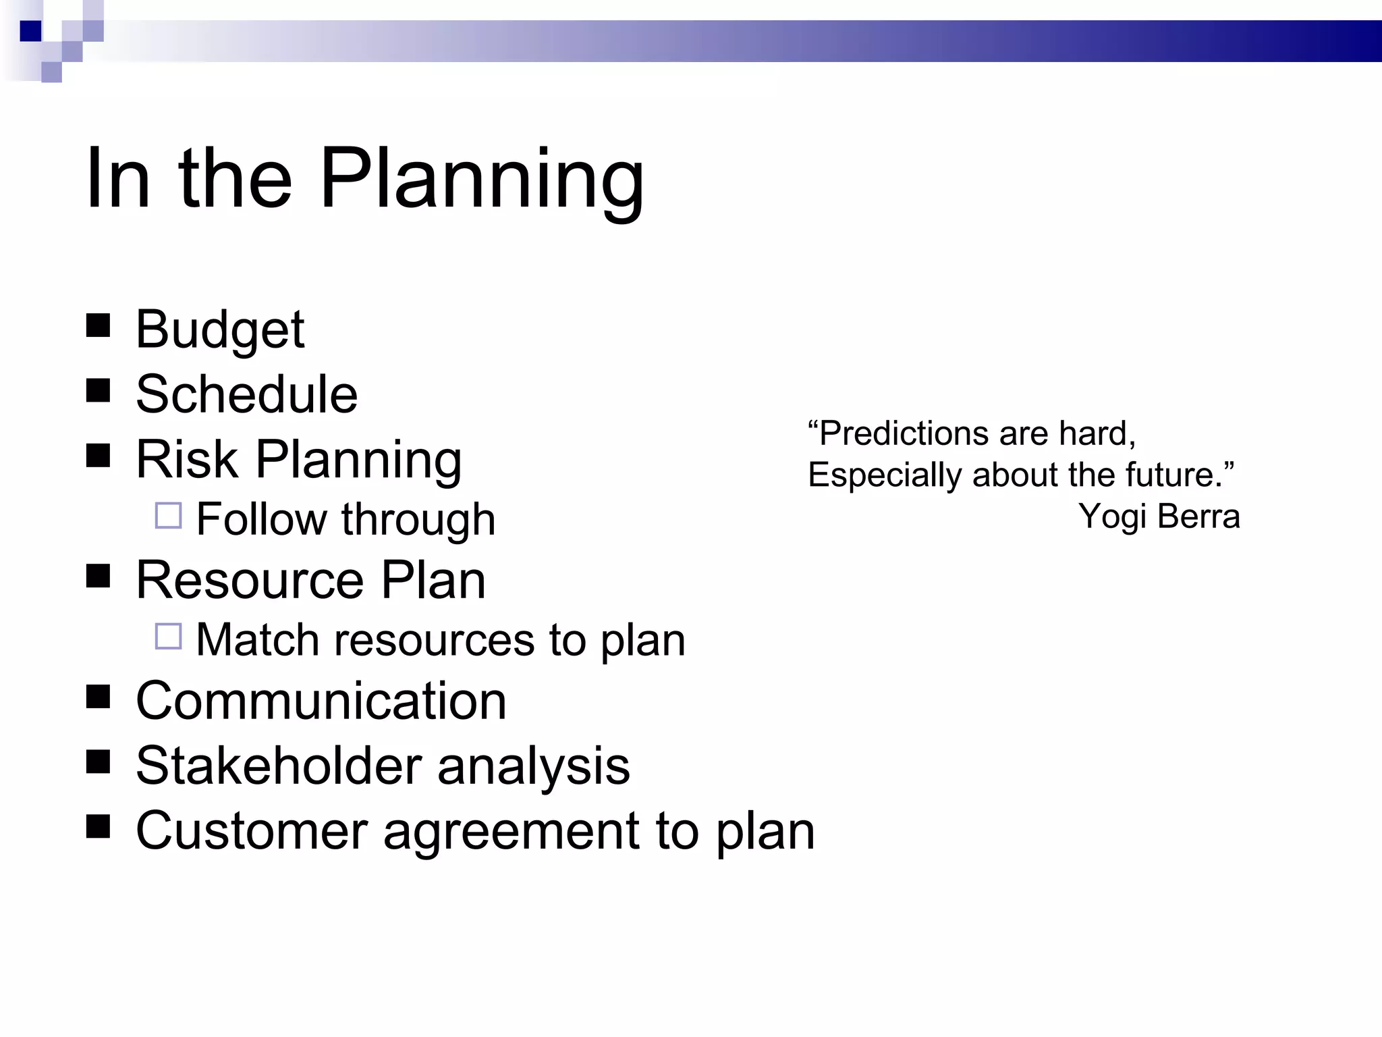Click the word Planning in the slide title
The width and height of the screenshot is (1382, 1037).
click(481, 180)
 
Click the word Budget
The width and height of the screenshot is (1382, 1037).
click(220, 329)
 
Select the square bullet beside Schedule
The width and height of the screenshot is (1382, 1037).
click(99, 390)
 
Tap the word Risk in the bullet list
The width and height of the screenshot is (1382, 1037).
click(187, 459)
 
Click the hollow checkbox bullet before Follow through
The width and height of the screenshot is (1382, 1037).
click(168, 516)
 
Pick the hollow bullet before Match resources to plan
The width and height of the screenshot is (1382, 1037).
click(168, 636)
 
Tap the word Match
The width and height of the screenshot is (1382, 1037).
click(257, 639)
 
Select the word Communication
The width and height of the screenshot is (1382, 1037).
click(321, 701)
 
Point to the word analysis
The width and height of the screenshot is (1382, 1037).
click(533, 767)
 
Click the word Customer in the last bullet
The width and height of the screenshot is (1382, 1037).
click(252, 830)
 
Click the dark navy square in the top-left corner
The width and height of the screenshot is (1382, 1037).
click(30, 31)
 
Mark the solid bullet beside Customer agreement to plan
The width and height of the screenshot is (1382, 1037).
click(99, 826)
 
